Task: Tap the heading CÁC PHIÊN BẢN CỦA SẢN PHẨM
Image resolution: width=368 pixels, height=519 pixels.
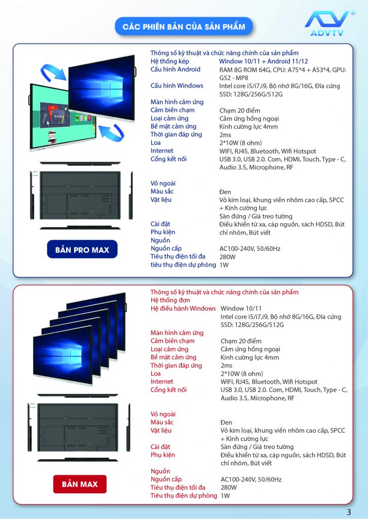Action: point(184,26)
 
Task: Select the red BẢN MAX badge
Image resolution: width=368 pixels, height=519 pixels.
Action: point(80,484)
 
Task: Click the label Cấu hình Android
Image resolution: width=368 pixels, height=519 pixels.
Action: point(175,69)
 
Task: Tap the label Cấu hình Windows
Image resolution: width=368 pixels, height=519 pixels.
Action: point(177,86)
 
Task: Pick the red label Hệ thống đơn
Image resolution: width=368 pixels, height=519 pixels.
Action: point(170,300)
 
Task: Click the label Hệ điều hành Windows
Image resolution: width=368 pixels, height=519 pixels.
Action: point(183,308)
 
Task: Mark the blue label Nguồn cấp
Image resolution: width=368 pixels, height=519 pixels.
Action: point(166,248)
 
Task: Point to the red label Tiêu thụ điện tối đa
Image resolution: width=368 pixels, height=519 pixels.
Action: point(178,487)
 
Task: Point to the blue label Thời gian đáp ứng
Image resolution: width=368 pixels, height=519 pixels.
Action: point(176,134)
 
